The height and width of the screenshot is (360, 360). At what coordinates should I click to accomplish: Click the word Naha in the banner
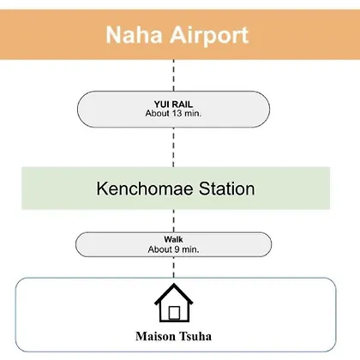(135, 35)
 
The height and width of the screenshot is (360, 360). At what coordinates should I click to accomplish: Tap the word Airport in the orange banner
(209, 36)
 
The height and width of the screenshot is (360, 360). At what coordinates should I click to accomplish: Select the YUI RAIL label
(173, 104)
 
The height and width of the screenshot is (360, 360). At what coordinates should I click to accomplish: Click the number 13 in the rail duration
(177, 113)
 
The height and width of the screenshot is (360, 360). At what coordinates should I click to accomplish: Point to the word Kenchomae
(146, 189)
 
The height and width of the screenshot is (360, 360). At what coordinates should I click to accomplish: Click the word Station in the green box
(226, 189)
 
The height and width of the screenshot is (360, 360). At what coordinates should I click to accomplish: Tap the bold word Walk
(173, 239)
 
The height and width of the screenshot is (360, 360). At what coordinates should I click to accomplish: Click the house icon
(174, 303)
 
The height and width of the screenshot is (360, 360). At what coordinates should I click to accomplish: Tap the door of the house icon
(174, 313)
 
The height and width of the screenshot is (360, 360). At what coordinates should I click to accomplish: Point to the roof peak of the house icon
(174, 285)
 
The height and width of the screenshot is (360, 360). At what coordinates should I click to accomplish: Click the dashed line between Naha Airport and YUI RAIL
(174, 75)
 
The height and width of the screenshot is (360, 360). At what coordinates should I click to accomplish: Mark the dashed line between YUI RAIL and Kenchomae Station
(174, 147)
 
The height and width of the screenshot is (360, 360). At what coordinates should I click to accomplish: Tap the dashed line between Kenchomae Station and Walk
(174, 221)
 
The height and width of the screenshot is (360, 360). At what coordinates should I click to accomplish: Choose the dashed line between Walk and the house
(174, 267)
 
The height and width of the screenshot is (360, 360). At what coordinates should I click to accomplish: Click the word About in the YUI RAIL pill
(158, 113)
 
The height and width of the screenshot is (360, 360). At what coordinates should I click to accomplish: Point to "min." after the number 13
(193, 113)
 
